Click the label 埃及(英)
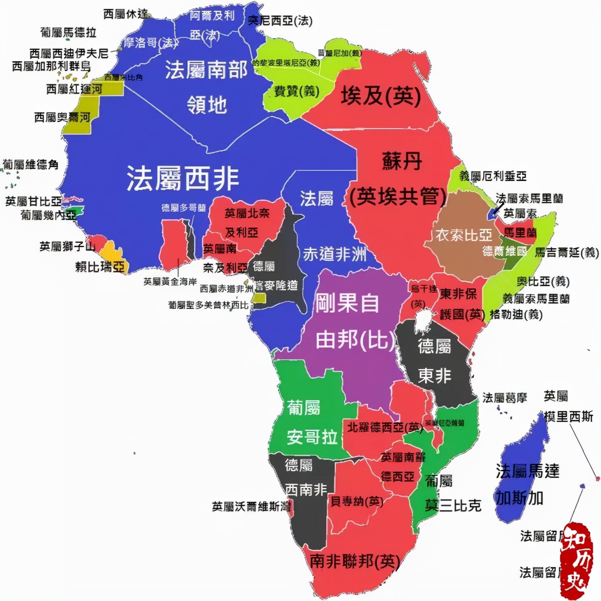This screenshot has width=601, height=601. (x=380, y=96)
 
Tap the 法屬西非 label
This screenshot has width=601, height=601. (x=182, y=178)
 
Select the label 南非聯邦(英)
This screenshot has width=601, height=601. (x=354, y=561)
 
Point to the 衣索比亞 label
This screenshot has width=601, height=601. (x=464, y=235)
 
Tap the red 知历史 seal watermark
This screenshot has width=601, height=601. (x=576, y=560)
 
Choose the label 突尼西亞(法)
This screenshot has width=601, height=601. (x=280, y=20)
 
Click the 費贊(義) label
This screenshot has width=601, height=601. (x=297, y=91)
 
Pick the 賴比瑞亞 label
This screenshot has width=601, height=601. (x=100, y=266)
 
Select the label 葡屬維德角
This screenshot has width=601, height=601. (x=30, y=165)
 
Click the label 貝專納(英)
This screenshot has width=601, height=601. (x=357, y=502)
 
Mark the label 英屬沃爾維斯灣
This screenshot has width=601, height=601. (x=251, y=506)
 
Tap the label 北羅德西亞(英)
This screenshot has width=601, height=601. (x=385, y=427)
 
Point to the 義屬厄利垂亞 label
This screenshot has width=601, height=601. (x=493, y=176)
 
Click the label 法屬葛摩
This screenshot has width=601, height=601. (x=505, y=397)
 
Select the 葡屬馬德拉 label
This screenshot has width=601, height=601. (x=68, y=32)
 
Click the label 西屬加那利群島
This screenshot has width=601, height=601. (x=51, y=66)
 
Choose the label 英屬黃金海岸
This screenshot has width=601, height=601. (x=170, y=282)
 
